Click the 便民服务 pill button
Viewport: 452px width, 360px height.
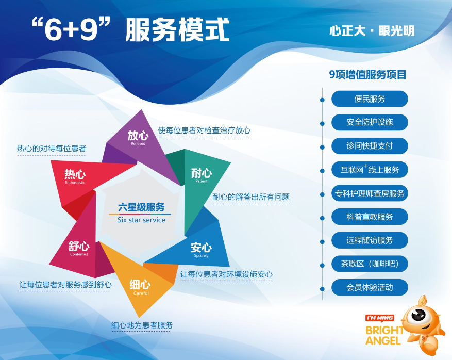[x=370, y=99]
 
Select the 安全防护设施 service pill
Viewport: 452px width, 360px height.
[x=370, y=122]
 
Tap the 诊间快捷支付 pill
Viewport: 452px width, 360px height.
[x=370, y=146]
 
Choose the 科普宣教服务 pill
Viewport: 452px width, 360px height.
[x=370, y=217]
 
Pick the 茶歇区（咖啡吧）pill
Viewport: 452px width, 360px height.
[x=370, y=264]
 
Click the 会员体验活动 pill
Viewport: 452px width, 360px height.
[x=370, y=287]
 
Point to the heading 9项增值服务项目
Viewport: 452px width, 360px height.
[x=367, y=75]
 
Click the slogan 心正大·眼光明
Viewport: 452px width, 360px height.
[x=372, y=31]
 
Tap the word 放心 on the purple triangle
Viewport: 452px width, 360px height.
[x=138, y=135]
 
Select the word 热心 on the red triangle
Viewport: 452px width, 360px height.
[x=75, y=174]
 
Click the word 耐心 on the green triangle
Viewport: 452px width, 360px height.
[x=202, y=173]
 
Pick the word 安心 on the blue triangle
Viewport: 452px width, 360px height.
[x=201, y=248]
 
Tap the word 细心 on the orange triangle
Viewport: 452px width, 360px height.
[x=140, y=284]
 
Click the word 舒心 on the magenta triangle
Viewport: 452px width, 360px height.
[x=79, y=246]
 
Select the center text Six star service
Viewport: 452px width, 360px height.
[x=141, y=220]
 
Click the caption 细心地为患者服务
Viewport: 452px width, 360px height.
[x=142, y=325]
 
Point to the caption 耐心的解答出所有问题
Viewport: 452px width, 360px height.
[x=251, y=197]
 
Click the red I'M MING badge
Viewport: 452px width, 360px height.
[x=380, y=318]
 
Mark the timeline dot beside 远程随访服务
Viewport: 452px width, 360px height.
[x=322, y=241]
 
